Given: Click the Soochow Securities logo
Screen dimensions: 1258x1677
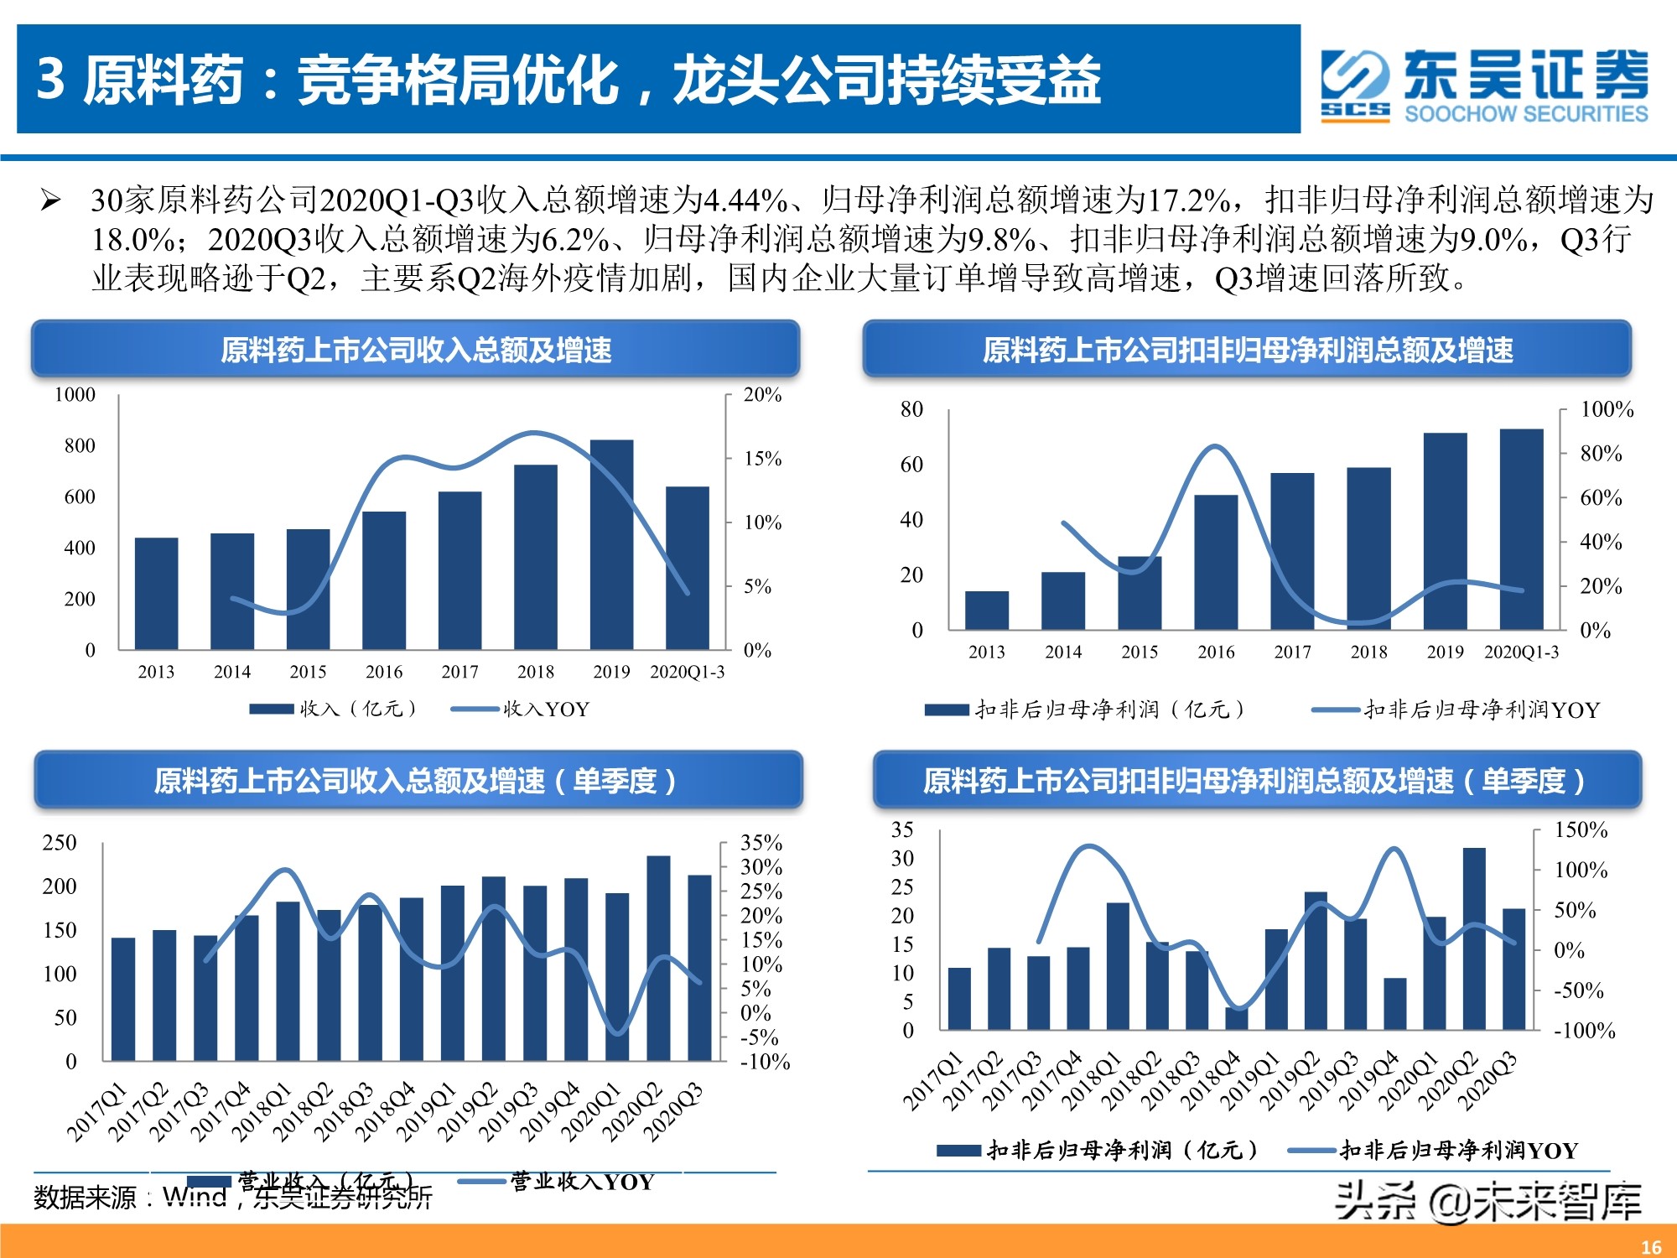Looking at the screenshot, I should click(1484, 84).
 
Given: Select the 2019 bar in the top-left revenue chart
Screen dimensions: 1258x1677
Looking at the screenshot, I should click(611, 545).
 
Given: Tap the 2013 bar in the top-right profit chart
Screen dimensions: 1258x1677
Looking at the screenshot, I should click(987, 610).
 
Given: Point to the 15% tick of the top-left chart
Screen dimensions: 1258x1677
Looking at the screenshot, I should click(762, 459).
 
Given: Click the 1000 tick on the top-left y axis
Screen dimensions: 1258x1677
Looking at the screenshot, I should click(75, 394).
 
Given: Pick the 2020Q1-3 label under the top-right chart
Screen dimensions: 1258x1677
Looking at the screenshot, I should click(1521, 652).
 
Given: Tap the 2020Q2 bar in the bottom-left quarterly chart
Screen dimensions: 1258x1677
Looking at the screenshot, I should click(658, 958).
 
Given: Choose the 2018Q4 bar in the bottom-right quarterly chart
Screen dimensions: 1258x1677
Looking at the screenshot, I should click(1237, 1018).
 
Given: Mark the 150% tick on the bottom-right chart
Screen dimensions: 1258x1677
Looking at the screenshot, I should click(1581, 829).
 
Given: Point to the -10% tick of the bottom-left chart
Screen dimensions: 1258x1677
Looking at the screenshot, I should click(765, 1061).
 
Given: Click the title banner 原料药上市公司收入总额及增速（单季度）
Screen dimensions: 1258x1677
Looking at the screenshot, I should click(418, 781).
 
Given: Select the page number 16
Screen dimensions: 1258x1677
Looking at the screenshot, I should click(1651, 1247).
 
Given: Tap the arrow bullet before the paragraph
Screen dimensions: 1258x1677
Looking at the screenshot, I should click(51, 200).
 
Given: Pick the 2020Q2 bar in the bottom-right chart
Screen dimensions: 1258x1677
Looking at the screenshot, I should click(1474, 938).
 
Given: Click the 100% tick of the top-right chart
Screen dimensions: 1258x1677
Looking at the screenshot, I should click(1607, 409).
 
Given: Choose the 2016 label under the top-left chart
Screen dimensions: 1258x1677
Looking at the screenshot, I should click(384, 672).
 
